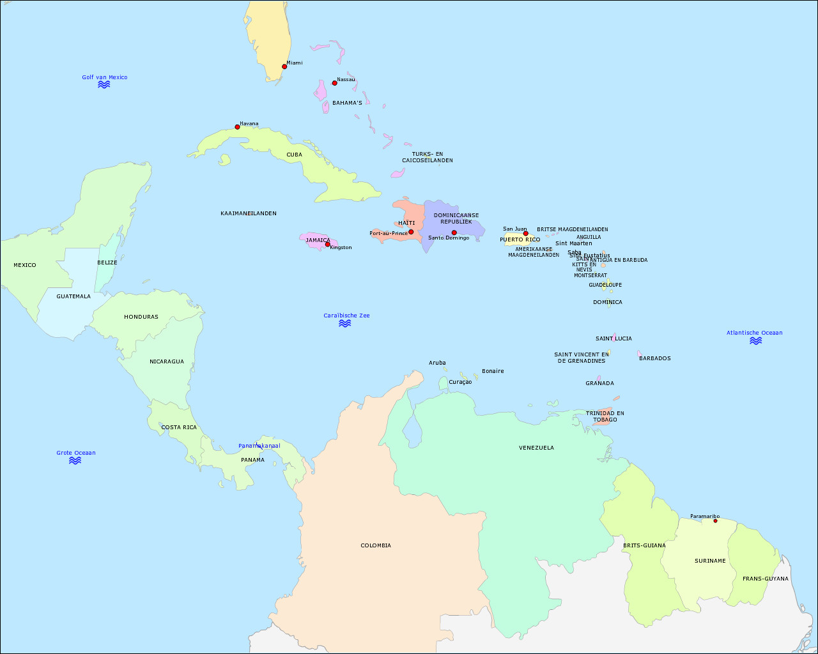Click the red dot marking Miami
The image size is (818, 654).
pyautogui.click(x=284, y=66)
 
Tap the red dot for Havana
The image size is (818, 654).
pyautogui.click(x=237, y=127)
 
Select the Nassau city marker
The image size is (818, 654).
pyautogui.click(x=334, y=83)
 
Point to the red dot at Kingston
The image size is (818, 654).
pyautogui.click(x=327, y=244)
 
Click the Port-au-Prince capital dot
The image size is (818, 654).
pyautogui.click(x=411, y=232)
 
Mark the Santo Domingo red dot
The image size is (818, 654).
pyautogui.click(x=454, y=232)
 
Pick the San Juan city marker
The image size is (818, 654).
pyautogui.click(x=526, y=233)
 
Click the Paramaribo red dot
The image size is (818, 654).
pyautogui.click(x=715, y=521)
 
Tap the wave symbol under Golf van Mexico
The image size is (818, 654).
pyautogui.click(x=104, y=84)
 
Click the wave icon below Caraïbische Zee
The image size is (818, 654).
pyautogui.click(x=345, y=323)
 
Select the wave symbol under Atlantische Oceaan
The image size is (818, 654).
pyautogui.click(x=755, y=340)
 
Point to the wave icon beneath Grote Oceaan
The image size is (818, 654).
pyautogui.click(x=75, y=460)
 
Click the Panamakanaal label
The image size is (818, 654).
pyautogui.click(x=259, y=446)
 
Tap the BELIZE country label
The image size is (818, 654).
pyautogui.click(x=107, y=262)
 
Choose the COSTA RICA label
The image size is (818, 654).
pyautogui.click(x=179, y=427)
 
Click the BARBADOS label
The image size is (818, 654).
pyautogui.click(x=655, y=358)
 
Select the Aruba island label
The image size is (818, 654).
pyautogui.click(x=437, y=363)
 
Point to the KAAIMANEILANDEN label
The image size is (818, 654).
pyautogui.click(x=249, y=213)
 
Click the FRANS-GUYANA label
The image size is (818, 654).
pyautogui.click(x=766, y=579)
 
